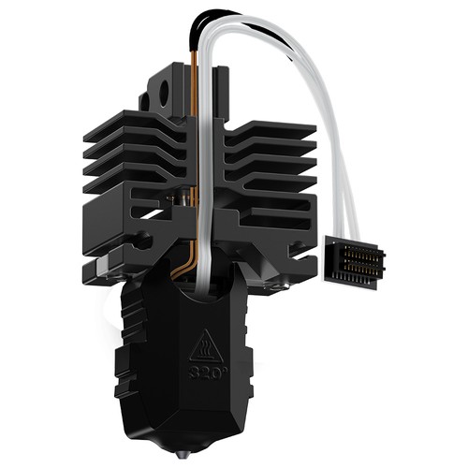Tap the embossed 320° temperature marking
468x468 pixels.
click(205, 373)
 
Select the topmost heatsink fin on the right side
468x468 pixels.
click(271, 130)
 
